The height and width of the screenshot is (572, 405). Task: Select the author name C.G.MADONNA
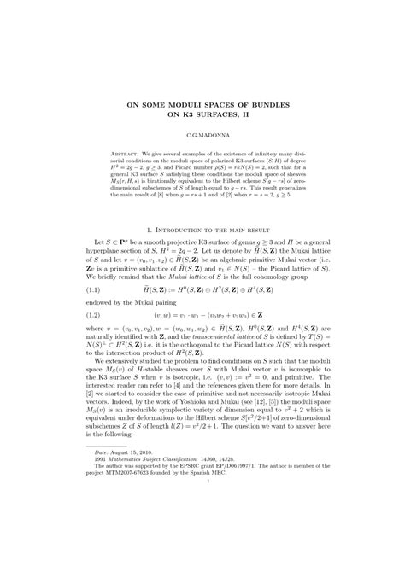tap(202, 136)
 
